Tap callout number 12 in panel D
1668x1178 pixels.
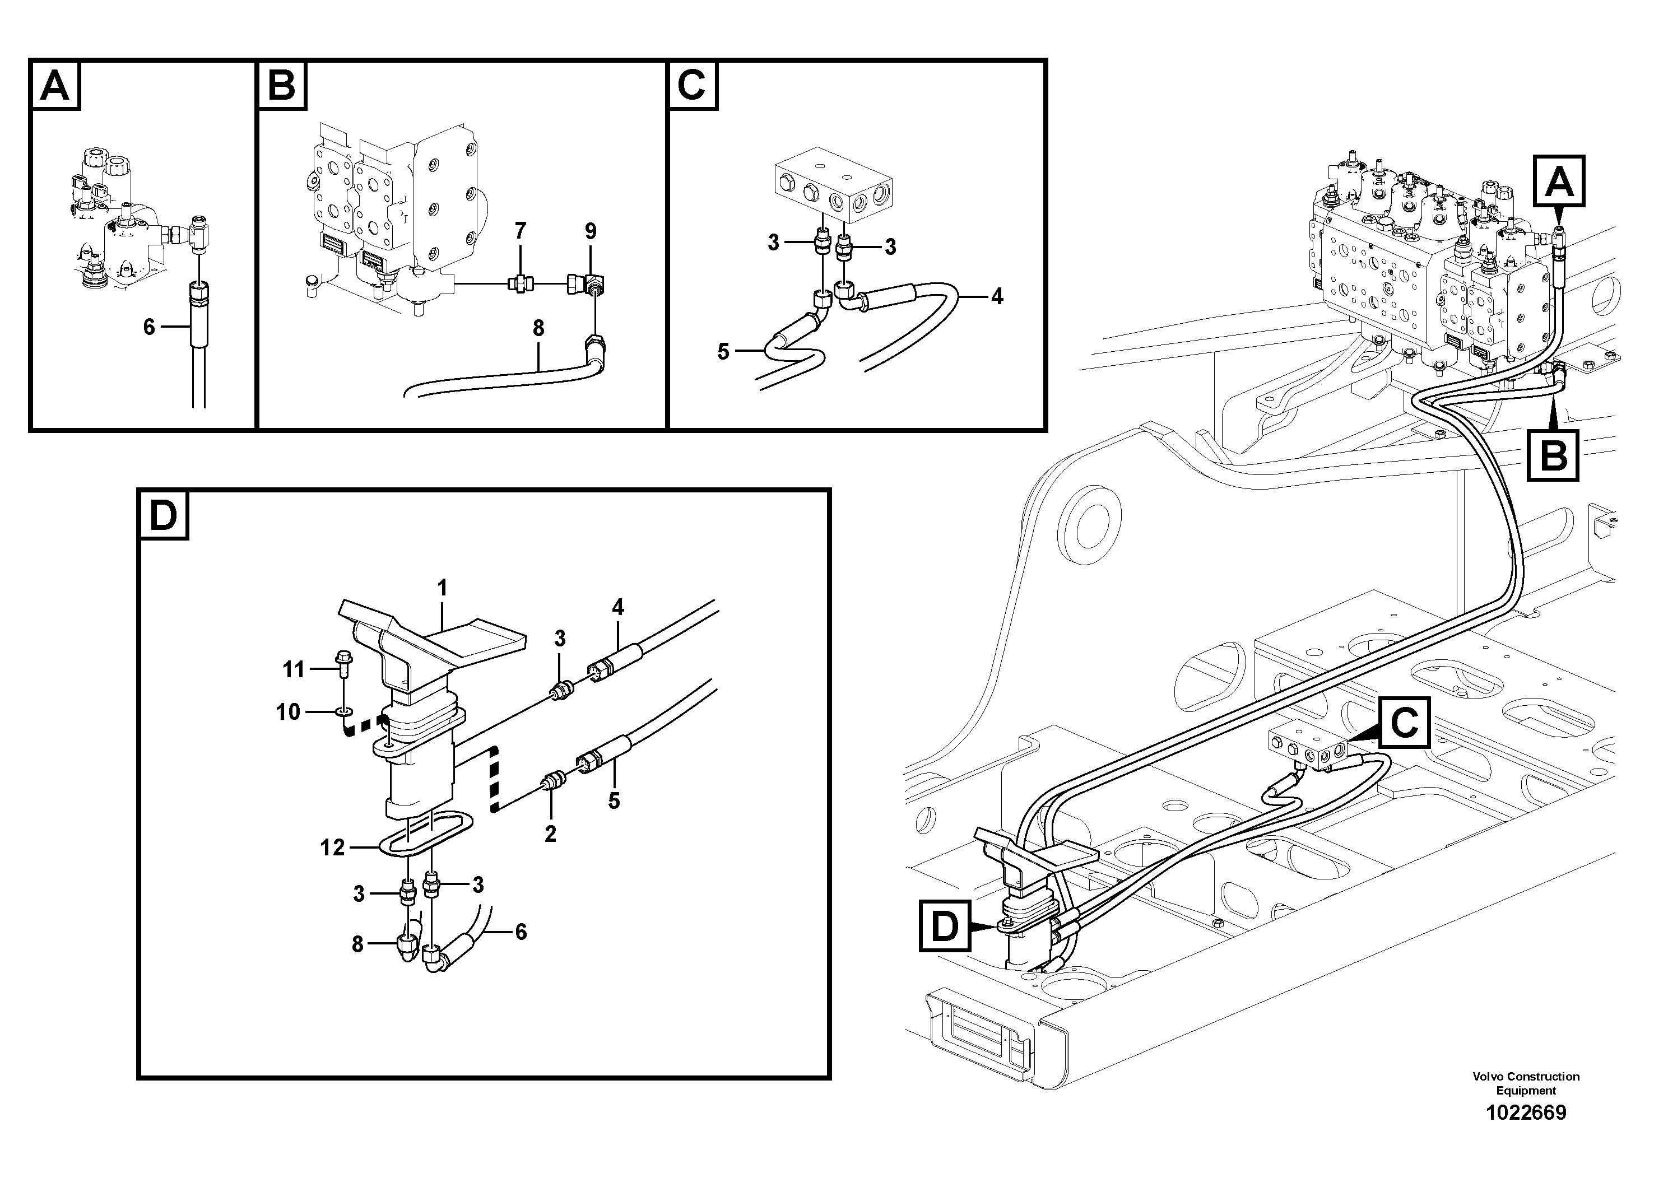click(x=333, y=848)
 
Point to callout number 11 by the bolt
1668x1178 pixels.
click(x=294, y=669)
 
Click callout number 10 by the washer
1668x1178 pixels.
click(x=289, y=712)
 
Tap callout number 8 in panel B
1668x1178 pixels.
click(x=538, y=328)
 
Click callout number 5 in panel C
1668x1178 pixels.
click(x=723, y=352)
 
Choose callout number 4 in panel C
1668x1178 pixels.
click(x=997, y=296)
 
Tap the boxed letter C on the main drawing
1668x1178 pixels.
click(x=1404, y=723)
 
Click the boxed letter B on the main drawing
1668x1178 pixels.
click(x=1553, y=456)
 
